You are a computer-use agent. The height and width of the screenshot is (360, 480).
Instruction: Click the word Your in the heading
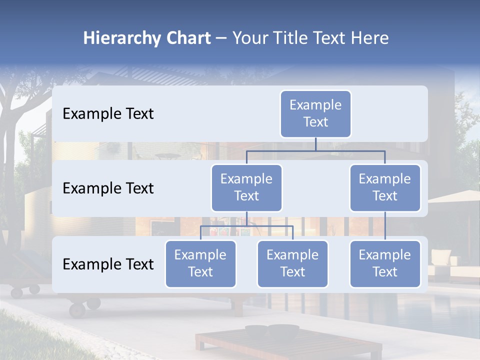249,38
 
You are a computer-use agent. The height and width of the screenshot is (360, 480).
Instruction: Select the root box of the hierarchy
315,113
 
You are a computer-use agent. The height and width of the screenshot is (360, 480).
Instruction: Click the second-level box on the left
246,187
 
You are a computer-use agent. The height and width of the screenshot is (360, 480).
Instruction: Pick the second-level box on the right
385,187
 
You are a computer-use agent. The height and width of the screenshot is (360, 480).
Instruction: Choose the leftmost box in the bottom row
200,263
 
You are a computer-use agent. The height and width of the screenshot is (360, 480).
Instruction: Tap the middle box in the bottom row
292,263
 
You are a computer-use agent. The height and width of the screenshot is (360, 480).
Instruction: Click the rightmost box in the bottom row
385,263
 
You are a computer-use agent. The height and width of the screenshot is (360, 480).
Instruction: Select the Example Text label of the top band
108,114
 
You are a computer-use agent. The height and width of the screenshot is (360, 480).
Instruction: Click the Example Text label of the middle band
108,188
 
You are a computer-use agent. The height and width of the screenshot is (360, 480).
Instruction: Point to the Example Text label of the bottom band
108,264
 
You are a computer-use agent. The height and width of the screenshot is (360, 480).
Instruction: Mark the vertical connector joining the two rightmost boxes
385,225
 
